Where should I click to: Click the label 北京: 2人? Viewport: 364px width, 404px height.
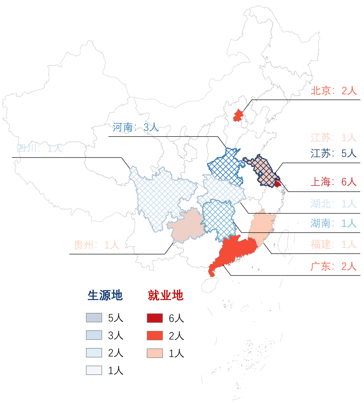pyautogui.click(x=333, y=91)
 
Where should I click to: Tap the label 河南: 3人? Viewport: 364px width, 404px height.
pyautogui.click(x=135, y=127)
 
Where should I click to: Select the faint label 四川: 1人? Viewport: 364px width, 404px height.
pyautogui.click(x=40, y=148)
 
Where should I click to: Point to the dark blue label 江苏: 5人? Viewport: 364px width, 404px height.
pyautogui.click(x=333, y=153)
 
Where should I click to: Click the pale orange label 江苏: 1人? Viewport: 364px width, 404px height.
pyautogui.click(x=333, y=138)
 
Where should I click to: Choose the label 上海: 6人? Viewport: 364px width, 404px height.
pyautogui.click(x=333, y=182)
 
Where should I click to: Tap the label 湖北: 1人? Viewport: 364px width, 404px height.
pyautogui.click(x=333, y=204)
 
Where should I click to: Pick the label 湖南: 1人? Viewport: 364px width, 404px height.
pyautogui.click(x=333, y=223)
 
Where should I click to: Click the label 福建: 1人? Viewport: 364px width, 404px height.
pyautogui.click(x=333, y=244)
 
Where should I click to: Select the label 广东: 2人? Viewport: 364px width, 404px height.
pyautogui.click(x=333, y=266)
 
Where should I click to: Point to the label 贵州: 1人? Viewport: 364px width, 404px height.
pyautogui.click(x=96, y=245)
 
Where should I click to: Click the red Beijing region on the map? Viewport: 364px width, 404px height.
pyautogui.click(x=238, y=115)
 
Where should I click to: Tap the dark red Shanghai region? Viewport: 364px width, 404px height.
pyautogui.click(x=278, y=184)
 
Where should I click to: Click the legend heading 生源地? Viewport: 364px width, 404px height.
pyautogui.click(x=105, y=295)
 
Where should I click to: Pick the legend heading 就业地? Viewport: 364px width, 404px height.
pyautogui.click(x=165, y=295)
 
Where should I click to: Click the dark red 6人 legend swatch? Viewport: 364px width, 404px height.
pyautogui.click(x=155, y=318)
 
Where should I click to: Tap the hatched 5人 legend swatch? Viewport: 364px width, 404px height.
pyautogui.click(x=94, y=318)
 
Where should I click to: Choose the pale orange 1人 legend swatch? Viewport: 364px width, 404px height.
pyautogui.click(x=155, y=353)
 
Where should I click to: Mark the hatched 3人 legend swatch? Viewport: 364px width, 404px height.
pyautogui.click(x=94, y=335)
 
